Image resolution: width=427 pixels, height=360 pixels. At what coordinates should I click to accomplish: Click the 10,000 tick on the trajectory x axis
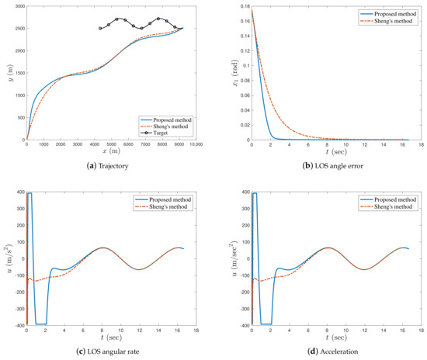[x=196, y=145]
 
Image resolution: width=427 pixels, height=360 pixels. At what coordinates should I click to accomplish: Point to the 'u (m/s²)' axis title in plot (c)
[x=5, y=258]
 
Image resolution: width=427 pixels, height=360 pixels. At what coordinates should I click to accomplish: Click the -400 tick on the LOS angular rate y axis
[x=17, y=325]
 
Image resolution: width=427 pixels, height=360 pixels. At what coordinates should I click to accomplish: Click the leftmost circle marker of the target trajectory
[x=100, y=29]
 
